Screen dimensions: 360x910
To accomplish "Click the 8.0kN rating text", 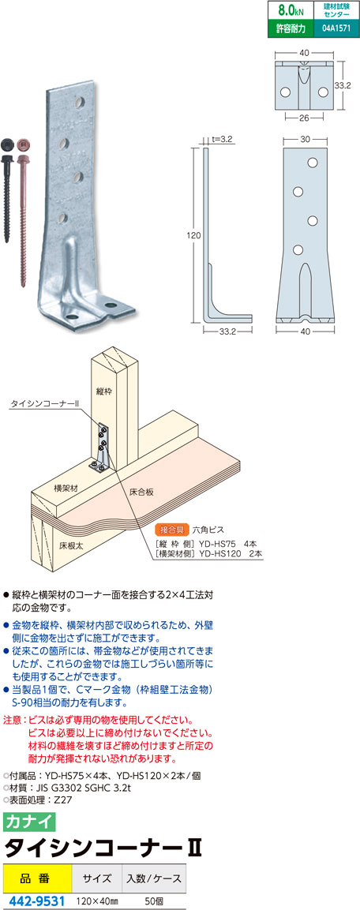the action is [x=291, y=10].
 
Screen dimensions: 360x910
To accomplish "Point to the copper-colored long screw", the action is [x=23, y=210].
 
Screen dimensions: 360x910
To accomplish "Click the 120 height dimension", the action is [x=193, y=236].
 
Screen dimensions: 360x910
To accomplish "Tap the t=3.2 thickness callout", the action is [x=222, y=139].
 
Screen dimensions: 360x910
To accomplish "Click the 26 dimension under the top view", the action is [x=304, y=117].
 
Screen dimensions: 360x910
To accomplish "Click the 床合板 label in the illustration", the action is [x=141, y=492].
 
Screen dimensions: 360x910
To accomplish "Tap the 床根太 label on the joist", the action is [x=69, y=545].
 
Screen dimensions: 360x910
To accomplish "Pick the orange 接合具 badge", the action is [x=171, y=530].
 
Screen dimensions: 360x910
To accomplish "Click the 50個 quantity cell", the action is [x=153, y=900].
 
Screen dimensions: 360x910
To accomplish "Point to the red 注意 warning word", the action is [x=12, y=720].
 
